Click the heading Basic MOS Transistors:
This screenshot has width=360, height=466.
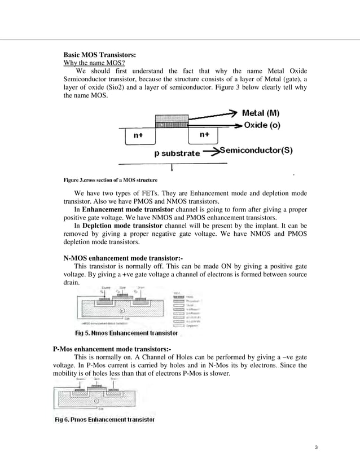(99, 55)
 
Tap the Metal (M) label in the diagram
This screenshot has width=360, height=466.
(264, 113)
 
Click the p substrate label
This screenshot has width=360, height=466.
(177, 153)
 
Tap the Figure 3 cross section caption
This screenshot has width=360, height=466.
(110, 181)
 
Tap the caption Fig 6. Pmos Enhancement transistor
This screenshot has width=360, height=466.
(104, 420)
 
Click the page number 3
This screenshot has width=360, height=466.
(317, 448)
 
